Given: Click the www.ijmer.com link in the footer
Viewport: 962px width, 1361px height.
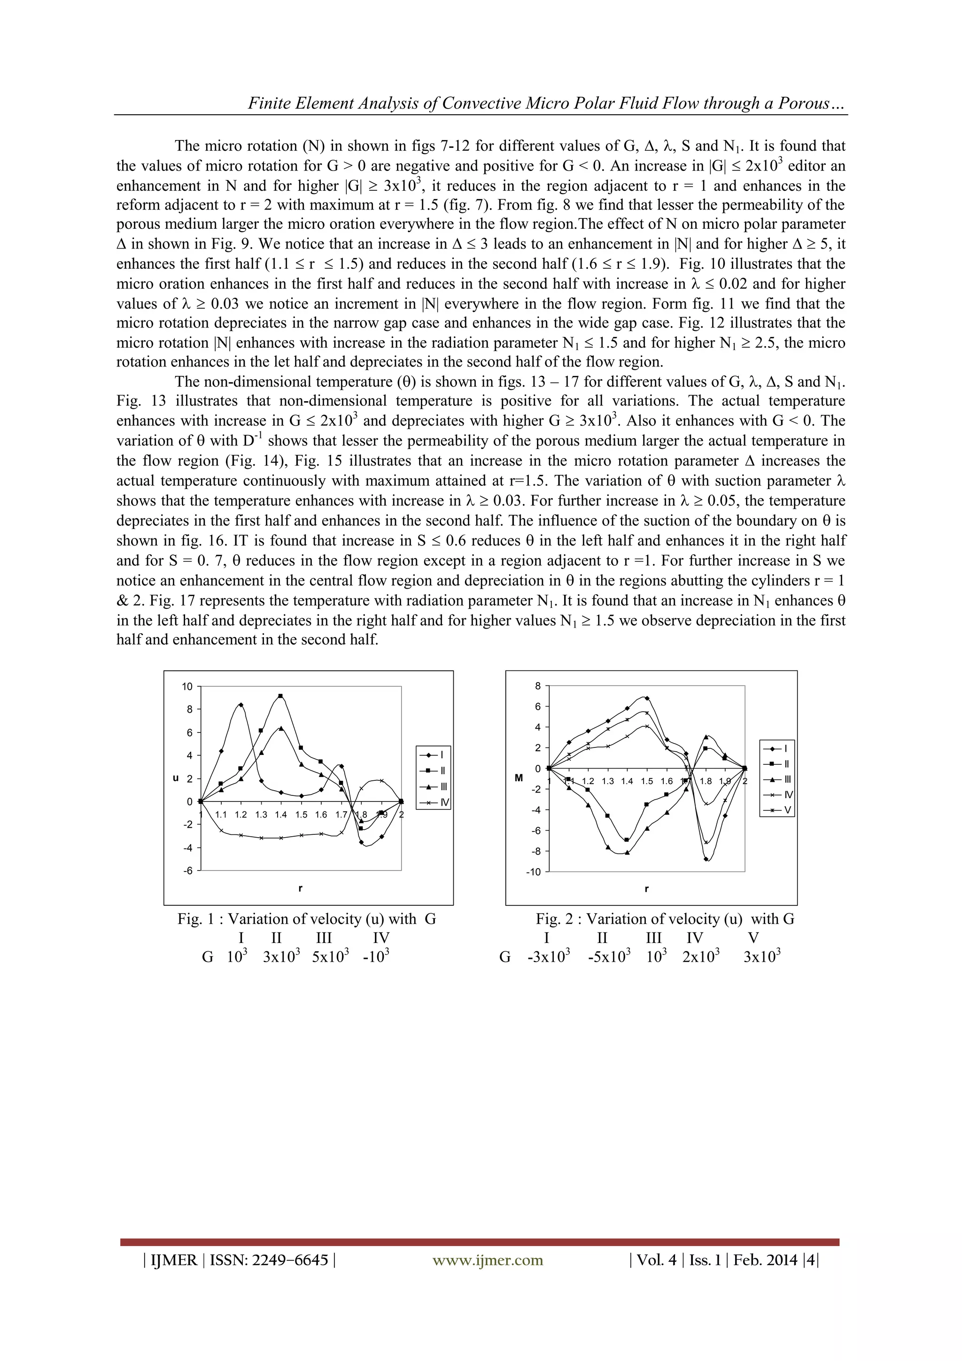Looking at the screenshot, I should [487, 1260].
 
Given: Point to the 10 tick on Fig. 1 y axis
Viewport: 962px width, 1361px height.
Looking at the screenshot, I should [187, 686].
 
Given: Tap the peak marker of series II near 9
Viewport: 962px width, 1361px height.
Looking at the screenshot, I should [280, 697].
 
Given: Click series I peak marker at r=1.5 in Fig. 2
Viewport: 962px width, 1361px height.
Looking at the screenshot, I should [647, 698].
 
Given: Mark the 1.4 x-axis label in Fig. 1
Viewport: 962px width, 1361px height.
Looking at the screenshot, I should [280, 815].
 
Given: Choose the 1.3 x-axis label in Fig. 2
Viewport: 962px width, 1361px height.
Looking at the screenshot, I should [607, 781].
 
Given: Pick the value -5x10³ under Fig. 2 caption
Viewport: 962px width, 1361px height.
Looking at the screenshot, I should [609, 957].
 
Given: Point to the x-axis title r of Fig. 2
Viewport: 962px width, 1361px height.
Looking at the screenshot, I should [646, 888].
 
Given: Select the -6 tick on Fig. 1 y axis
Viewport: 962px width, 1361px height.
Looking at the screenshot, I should [187, 871].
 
